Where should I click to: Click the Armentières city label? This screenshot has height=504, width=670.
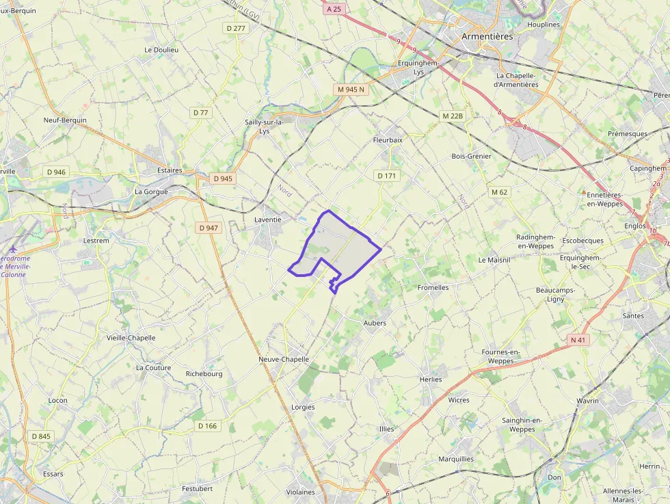(x=487, y=36)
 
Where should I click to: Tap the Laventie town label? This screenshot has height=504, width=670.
(x=267, y=220)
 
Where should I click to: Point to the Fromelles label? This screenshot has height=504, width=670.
(x=433, y=288)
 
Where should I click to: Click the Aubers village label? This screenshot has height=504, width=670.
(x=375, y=323)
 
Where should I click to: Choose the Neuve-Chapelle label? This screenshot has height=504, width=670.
(x=284, y=359)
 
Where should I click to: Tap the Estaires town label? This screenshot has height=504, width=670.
(x=170, y=170)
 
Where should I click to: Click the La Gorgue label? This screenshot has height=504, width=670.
(x=151, y=192)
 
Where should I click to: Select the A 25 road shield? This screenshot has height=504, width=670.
(x=334, y=9)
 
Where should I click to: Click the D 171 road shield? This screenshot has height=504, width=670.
(x=387, y=176)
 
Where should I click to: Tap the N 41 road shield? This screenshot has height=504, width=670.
(x=578, y=340)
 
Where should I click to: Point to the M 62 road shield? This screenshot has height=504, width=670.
(x=500, y=192)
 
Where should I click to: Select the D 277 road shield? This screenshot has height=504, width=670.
(x=235, y=28)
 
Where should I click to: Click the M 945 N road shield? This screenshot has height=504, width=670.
(x=351, y=90)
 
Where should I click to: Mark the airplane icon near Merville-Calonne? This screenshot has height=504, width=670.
(x=12, y=249)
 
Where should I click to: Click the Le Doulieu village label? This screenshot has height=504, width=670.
(x=161, y=50)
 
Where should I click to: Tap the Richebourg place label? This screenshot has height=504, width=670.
(x=204, y=374)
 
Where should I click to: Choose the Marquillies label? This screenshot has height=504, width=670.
(x=456, y=459)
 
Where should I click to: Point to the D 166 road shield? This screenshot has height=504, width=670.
(x=207, y=426)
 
